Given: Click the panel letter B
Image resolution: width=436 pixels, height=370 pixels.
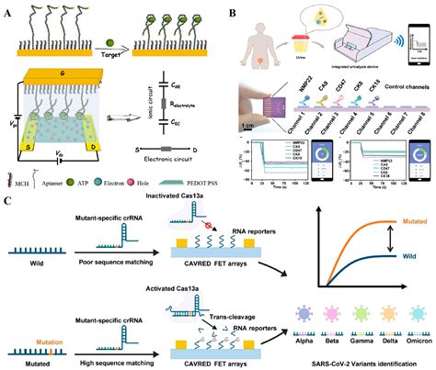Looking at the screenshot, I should coord(232,12).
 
